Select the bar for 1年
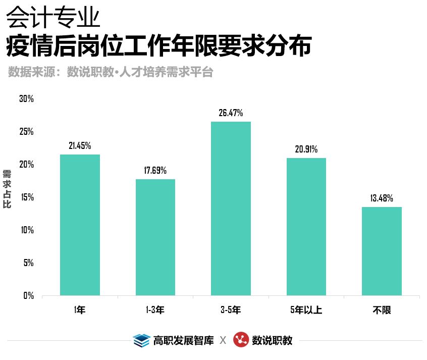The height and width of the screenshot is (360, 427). click(x=80, y=225)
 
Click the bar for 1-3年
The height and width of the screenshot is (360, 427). click(x=155, y=237)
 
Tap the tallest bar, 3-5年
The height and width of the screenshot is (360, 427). click(x=231, y=209)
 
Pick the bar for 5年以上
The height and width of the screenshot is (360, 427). click(x=306, y=227)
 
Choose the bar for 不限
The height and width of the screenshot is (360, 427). click(x=382, y=251)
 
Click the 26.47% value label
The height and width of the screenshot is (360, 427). click(x=231, y=113)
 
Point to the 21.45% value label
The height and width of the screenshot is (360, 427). click(x=80, y=146)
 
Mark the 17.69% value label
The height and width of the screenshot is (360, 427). click(x=155, y=171)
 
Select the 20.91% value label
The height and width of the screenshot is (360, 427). click(x=306, y=149)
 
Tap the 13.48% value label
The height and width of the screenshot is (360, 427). click(x=382, y=198)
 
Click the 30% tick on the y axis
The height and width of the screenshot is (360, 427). click(x=26, y=99)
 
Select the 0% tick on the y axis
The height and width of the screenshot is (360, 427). click(x=28, y=296)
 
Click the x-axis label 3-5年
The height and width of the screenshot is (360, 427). click(x=231, y=310)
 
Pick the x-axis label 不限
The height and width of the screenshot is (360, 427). click(x=382, y=310)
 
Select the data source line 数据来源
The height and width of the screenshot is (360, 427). click(x=111, y=72)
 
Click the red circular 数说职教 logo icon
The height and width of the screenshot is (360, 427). click(x=241, y=340)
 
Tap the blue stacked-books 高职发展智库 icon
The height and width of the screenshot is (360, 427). click(x=141, y=340)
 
